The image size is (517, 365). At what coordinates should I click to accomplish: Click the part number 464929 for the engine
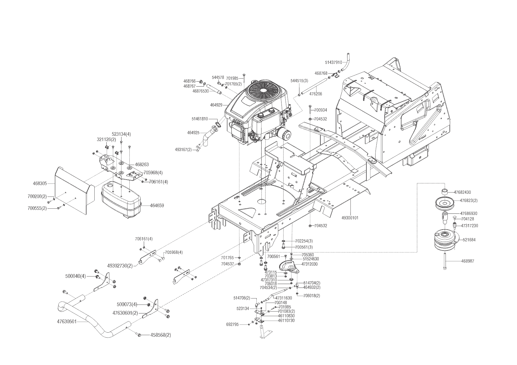click(216, 105)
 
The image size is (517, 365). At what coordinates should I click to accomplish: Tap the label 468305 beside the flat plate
click(40, 183)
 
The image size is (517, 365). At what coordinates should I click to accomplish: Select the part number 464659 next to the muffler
click(157, 205)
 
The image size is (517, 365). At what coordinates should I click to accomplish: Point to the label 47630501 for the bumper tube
click(67, 322)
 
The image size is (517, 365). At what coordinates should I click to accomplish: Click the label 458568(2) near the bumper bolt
click(161, 335)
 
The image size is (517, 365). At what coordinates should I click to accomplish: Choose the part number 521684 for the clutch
click(469, 240)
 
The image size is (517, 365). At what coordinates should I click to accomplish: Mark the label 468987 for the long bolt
click(468, 261)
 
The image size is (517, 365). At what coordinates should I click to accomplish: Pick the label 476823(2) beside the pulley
click(469, 200)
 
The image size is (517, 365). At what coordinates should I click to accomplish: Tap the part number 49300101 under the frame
click(350, 218)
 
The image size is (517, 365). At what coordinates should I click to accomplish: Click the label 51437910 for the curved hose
click(333, 62)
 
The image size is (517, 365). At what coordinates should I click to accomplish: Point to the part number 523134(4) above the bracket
click(121, 134)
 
